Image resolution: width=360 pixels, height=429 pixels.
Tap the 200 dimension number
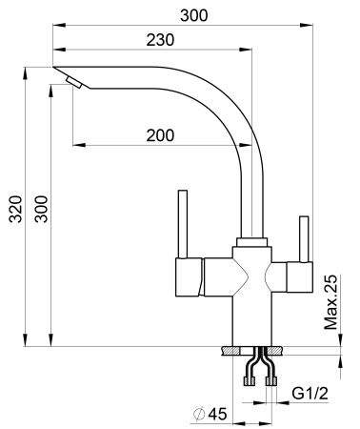click(x=160, y=135)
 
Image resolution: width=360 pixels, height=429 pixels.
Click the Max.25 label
click(x=330, y=303)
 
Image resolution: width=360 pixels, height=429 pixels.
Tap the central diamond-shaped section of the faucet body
click(x=250, y=276)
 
